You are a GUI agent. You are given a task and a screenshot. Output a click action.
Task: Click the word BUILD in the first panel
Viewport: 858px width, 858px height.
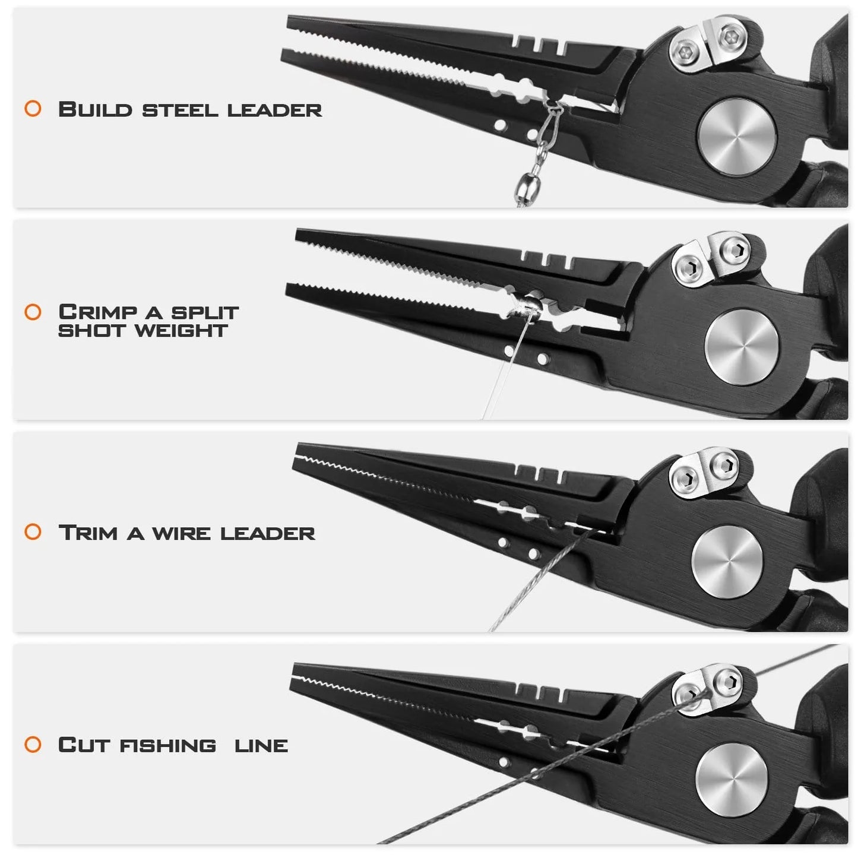click(95, 110)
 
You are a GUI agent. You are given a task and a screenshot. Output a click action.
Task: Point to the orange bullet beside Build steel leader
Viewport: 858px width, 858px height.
click(33, 109)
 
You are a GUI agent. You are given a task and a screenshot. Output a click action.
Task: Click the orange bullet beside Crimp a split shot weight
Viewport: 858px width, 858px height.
click(33, 312)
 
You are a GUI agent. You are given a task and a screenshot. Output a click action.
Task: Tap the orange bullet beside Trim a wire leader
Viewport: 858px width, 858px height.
click(33, 531)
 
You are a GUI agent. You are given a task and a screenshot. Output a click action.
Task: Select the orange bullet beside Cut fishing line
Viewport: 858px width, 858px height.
click(33, 745)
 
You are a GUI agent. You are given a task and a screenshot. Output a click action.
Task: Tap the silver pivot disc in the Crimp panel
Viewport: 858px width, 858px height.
click(742, 346)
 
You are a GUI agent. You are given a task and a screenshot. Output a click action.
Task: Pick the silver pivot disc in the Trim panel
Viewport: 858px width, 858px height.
click(727, 562)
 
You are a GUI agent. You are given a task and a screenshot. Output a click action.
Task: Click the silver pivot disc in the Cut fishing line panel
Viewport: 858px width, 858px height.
click(732, 779)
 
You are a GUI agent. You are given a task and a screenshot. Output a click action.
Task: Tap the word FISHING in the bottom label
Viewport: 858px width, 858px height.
click(168, 745)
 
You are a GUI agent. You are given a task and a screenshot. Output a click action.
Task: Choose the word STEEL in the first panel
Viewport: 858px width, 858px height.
click(180, 110)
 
